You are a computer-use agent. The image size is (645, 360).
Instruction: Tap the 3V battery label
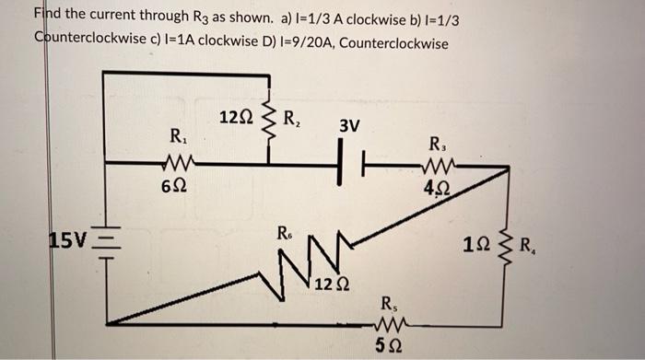pos(349,125)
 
